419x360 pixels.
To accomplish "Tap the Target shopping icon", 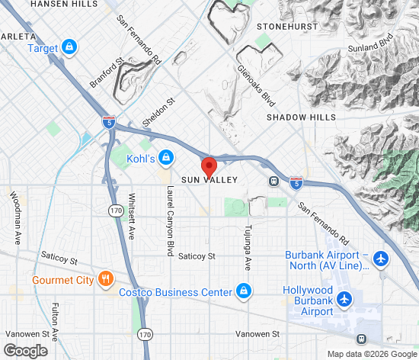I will (x=69, y=48).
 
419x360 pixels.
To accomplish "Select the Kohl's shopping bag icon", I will (x=165, y=158).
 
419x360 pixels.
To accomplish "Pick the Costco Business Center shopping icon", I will (x=243, y=291).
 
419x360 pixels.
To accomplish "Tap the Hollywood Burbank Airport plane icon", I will (x=346, y=300).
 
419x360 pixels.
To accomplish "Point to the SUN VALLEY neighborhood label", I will (x=209, y=180).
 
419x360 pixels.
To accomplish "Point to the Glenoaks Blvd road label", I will (x=255, y=84).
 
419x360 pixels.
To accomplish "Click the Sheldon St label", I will (x=159, y=111).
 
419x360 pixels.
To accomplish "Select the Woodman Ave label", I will (x=15, y=217).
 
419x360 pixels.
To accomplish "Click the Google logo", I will (x=25, y=350).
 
